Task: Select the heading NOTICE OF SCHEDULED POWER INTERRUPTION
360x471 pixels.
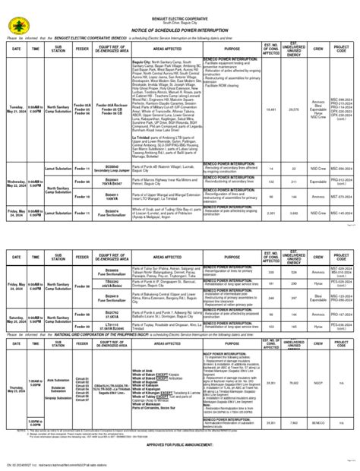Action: click(180, 29)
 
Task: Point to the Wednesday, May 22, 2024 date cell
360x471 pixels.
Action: click(15, 182)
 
